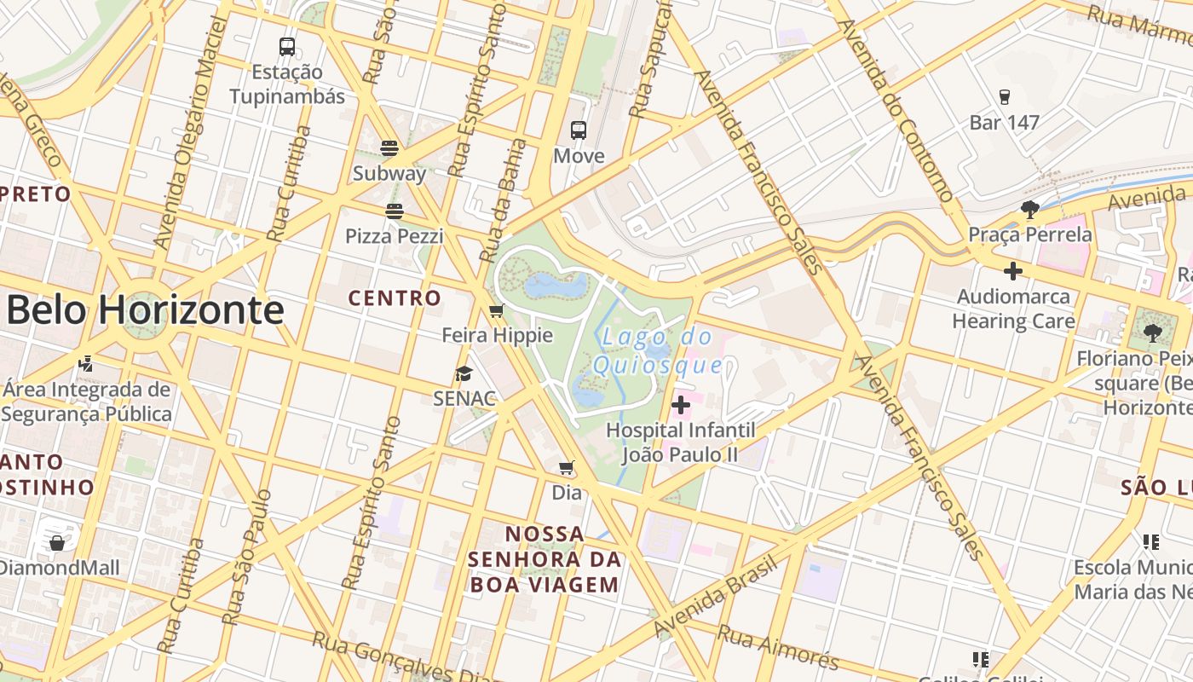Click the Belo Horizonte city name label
coord(145,310)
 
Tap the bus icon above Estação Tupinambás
coord(287,47)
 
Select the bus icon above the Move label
coord(579,130)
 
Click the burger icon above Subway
coord(389,148)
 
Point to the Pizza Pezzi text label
coord(394,236)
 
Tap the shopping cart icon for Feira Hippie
coord(497,310)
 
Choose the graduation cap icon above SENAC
coord(464,373)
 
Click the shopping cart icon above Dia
coord(566,467)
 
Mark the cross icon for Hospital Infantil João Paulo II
coord(681,405)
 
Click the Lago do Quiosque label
coord(658,351)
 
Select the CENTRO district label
coord(395,298)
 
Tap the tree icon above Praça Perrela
coord(1029,209)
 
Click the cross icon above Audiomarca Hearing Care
coord(1012,272)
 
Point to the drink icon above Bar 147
coord(1005,97)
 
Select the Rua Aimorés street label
coord(777,646)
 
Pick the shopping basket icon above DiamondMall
coord(57,542)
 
